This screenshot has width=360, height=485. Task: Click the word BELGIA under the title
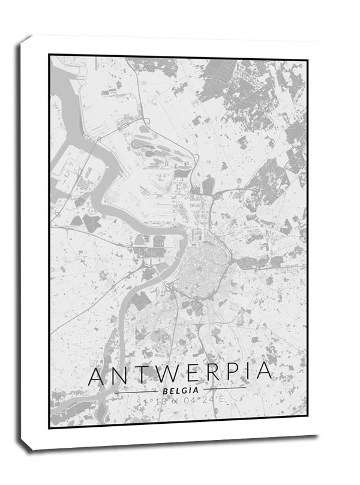point(179,390)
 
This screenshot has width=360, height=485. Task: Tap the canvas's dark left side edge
point(24,240)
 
